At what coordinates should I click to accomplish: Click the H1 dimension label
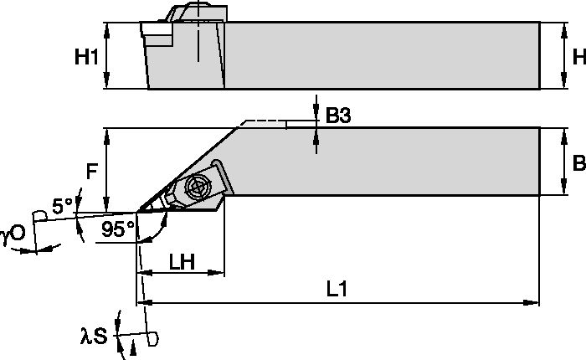pyautogui.click(x=85, y=58)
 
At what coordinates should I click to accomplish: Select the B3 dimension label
pyautogui.click(x=337, y=117)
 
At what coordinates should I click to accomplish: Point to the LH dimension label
pyautogui.click(x=181, y=262)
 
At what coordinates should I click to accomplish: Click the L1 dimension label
pyautogui.click(x=338, y=290)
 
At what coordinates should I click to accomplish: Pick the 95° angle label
pyautogui.click(x=117, y=229)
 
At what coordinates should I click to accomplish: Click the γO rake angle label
pyautogui.click(x=13, y=236)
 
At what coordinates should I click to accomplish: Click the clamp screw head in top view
pyautogui.click(x=199, y=186)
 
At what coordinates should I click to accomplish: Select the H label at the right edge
pyautogui.click(x=577, y=57)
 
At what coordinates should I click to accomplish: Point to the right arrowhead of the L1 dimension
pyautogui.click(x=532, y=301)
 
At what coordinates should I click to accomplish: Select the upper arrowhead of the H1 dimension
pyautogui.click(x=107, y=29)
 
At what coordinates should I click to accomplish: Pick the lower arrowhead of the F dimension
pyautogui.click(x=107, y=207)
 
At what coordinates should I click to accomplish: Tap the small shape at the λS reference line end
pyautogui.click(x=152, y=338)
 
